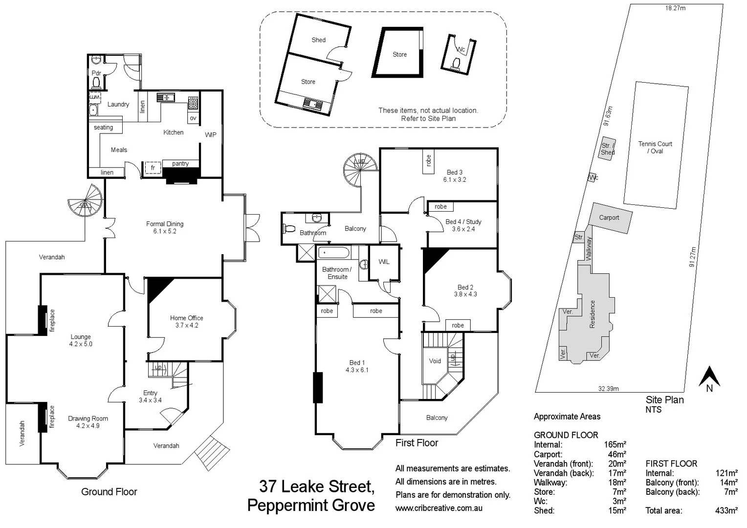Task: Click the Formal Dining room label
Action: coord(165,227)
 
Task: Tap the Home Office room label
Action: coord(186,321)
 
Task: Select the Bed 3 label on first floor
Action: coord(455,176)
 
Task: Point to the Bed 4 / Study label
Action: coord(463,225)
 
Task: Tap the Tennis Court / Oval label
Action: coord(655,147)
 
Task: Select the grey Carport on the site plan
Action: coord(609,218)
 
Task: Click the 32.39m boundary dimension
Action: coord(608,389)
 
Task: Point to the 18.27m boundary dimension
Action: coord(675,8)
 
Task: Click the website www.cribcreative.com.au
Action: coord(439,508)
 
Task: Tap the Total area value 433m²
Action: coord(726,510)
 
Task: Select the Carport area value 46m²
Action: coord(617,454)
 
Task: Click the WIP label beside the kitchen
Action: coord(210,135)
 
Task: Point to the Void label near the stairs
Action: coord(435,361)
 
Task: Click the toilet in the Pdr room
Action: coord(96,82)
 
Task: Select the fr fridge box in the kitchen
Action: coord(153,168)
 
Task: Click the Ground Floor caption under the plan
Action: coord(109,492)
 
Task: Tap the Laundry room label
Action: coord(118,104)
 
